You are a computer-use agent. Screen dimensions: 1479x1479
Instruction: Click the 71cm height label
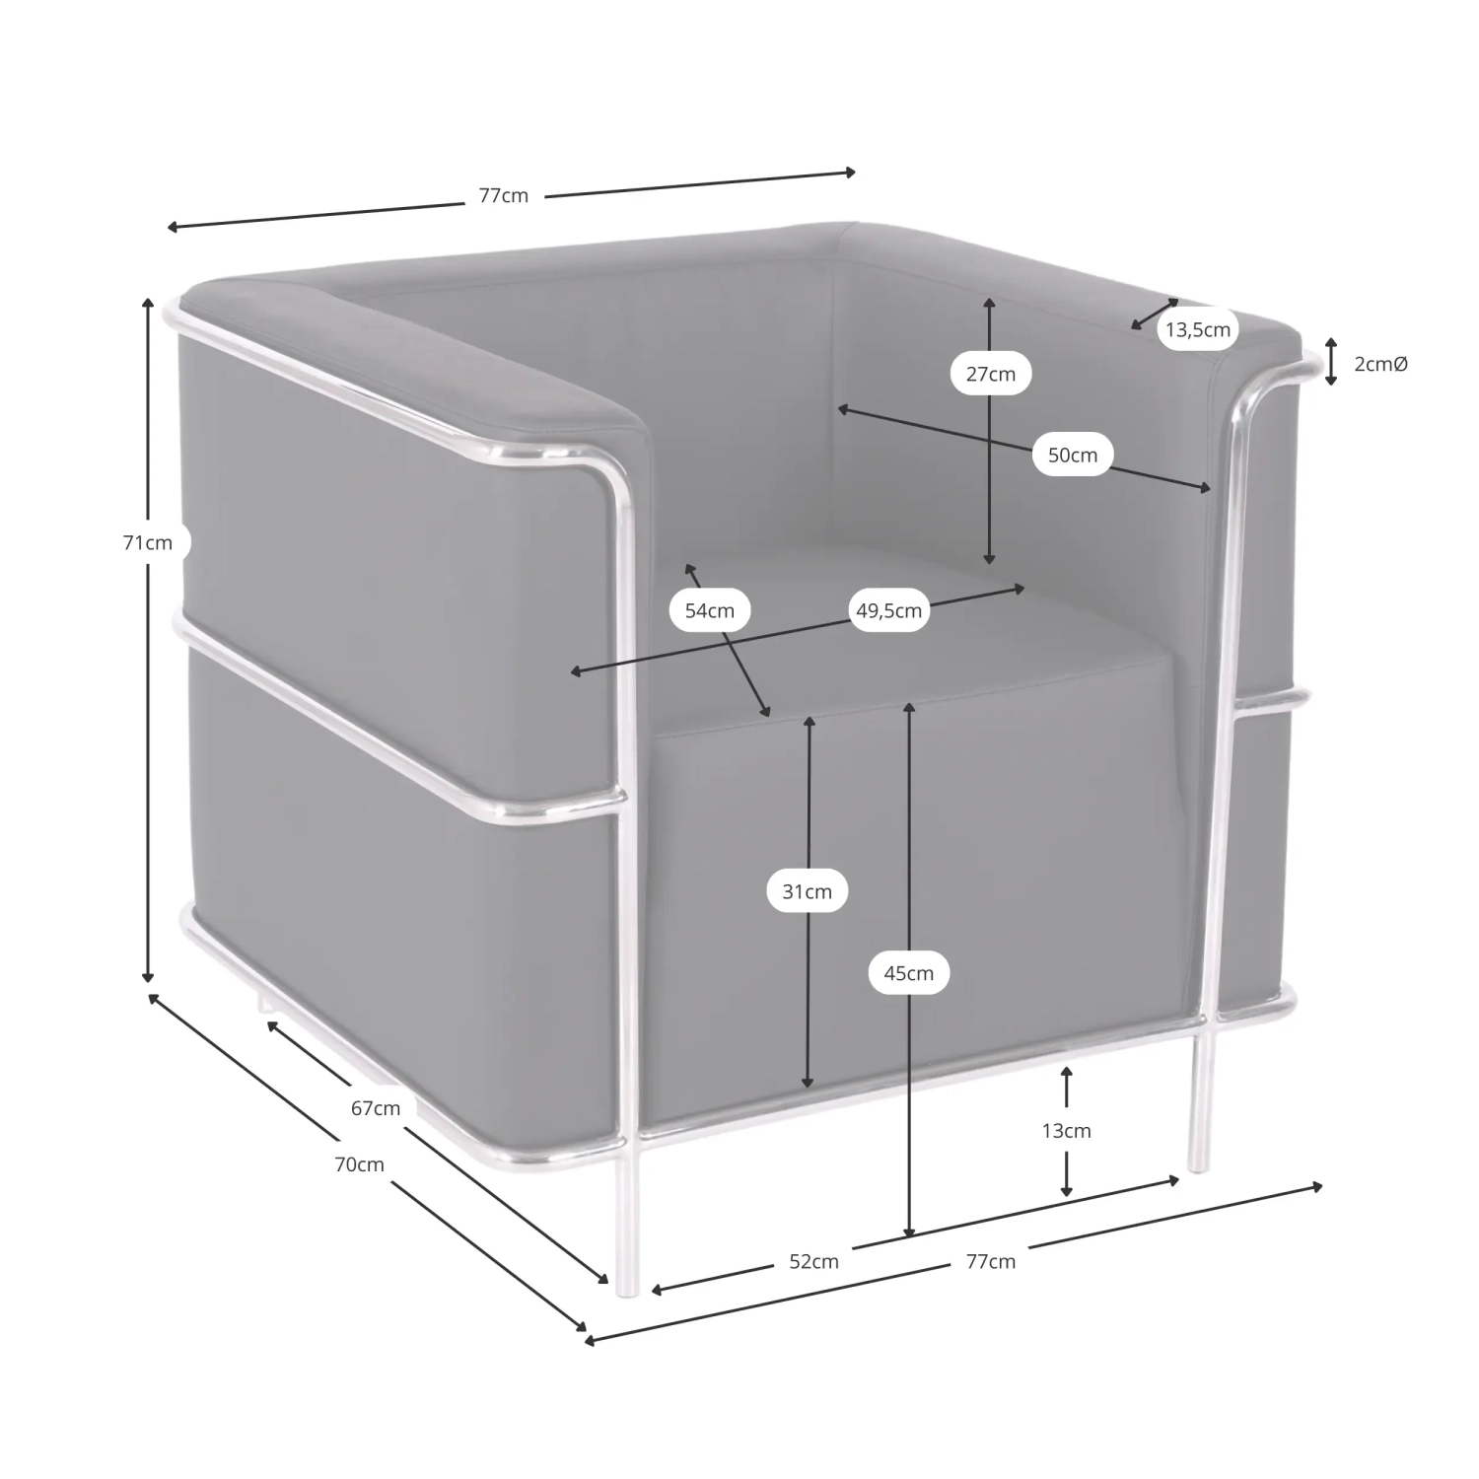tap(147, 542)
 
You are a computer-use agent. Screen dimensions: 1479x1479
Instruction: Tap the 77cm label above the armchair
tap(504, 195)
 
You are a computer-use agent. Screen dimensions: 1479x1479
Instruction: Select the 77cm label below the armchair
tap(990, 1261)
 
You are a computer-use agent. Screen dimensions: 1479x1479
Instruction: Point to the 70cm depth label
tap(359, 1164)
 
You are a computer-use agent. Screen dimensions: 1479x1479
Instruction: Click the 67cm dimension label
tap(376, 1108)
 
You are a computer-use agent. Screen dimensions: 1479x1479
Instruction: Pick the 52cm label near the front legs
tap(813, 1261)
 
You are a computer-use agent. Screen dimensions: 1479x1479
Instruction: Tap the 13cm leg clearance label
tap(1067, 1131)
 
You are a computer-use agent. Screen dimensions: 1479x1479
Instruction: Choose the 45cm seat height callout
tap(908, 973)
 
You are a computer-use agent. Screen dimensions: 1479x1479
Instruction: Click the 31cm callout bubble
tap(808, 891)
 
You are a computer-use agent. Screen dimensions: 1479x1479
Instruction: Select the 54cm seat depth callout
tap(710, 610)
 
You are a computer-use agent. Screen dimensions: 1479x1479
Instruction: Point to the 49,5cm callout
tap(888, 610)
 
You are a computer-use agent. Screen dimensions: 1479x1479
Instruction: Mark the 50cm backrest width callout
tap(1073, 455)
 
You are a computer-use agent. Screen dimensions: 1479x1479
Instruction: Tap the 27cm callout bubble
tap(990, 374)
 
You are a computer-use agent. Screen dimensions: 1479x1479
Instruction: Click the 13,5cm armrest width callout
tap(1198, 329)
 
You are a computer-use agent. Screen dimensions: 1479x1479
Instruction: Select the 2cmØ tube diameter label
tap(1381, 364)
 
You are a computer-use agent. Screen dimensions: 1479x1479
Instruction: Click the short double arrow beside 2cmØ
tap(1330, 361)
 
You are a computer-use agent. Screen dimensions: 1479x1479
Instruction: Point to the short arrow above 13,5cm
tap(1155, 314)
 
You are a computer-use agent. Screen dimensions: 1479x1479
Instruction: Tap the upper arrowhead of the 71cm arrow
tap(148, 302)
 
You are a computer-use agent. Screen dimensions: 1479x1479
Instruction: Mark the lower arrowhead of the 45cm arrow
tap(909, 1232)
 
